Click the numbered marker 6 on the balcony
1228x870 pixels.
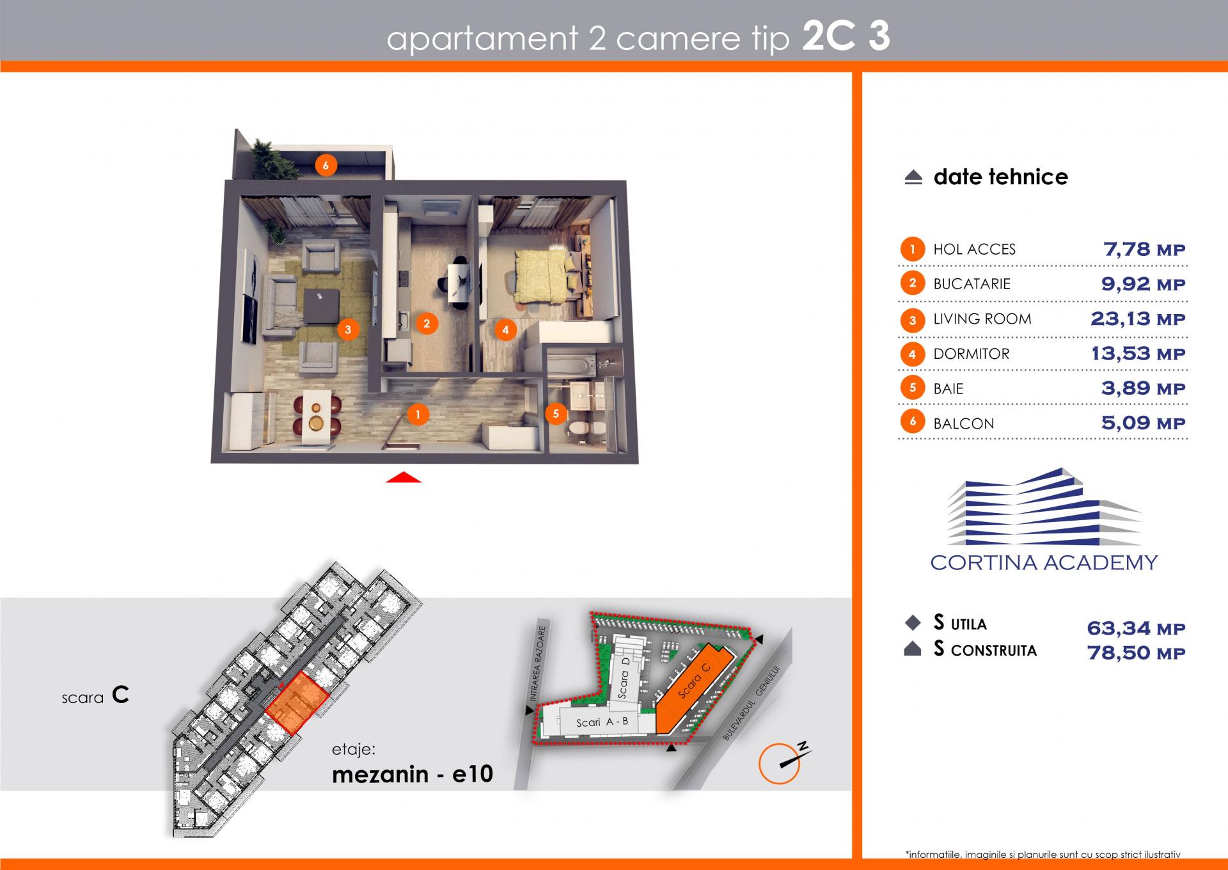[326, 166]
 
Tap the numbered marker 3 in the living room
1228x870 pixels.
[348, 330]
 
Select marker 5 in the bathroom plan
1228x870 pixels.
[556, 413]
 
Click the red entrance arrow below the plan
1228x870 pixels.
[404, 477]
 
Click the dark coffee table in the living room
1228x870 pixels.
[321, 307]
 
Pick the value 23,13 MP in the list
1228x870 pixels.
[1138, 319]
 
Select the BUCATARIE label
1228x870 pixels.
[972, 284]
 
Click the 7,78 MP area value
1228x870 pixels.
[1144, 249]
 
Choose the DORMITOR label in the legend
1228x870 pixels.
[971, 354]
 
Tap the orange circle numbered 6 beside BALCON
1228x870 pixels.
[913, 421]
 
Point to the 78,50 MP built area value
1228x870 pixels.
[1136, 653]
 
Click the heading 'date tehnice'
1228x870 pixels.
[1000, 177]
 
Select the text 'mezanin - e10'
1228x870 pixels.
[413, 774]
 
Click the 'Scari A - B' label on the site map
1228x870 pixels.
[602, 722]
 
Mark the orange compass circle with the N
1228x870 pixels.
[779, 764]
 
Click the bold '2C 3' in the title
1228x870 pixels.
[846, 37]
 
